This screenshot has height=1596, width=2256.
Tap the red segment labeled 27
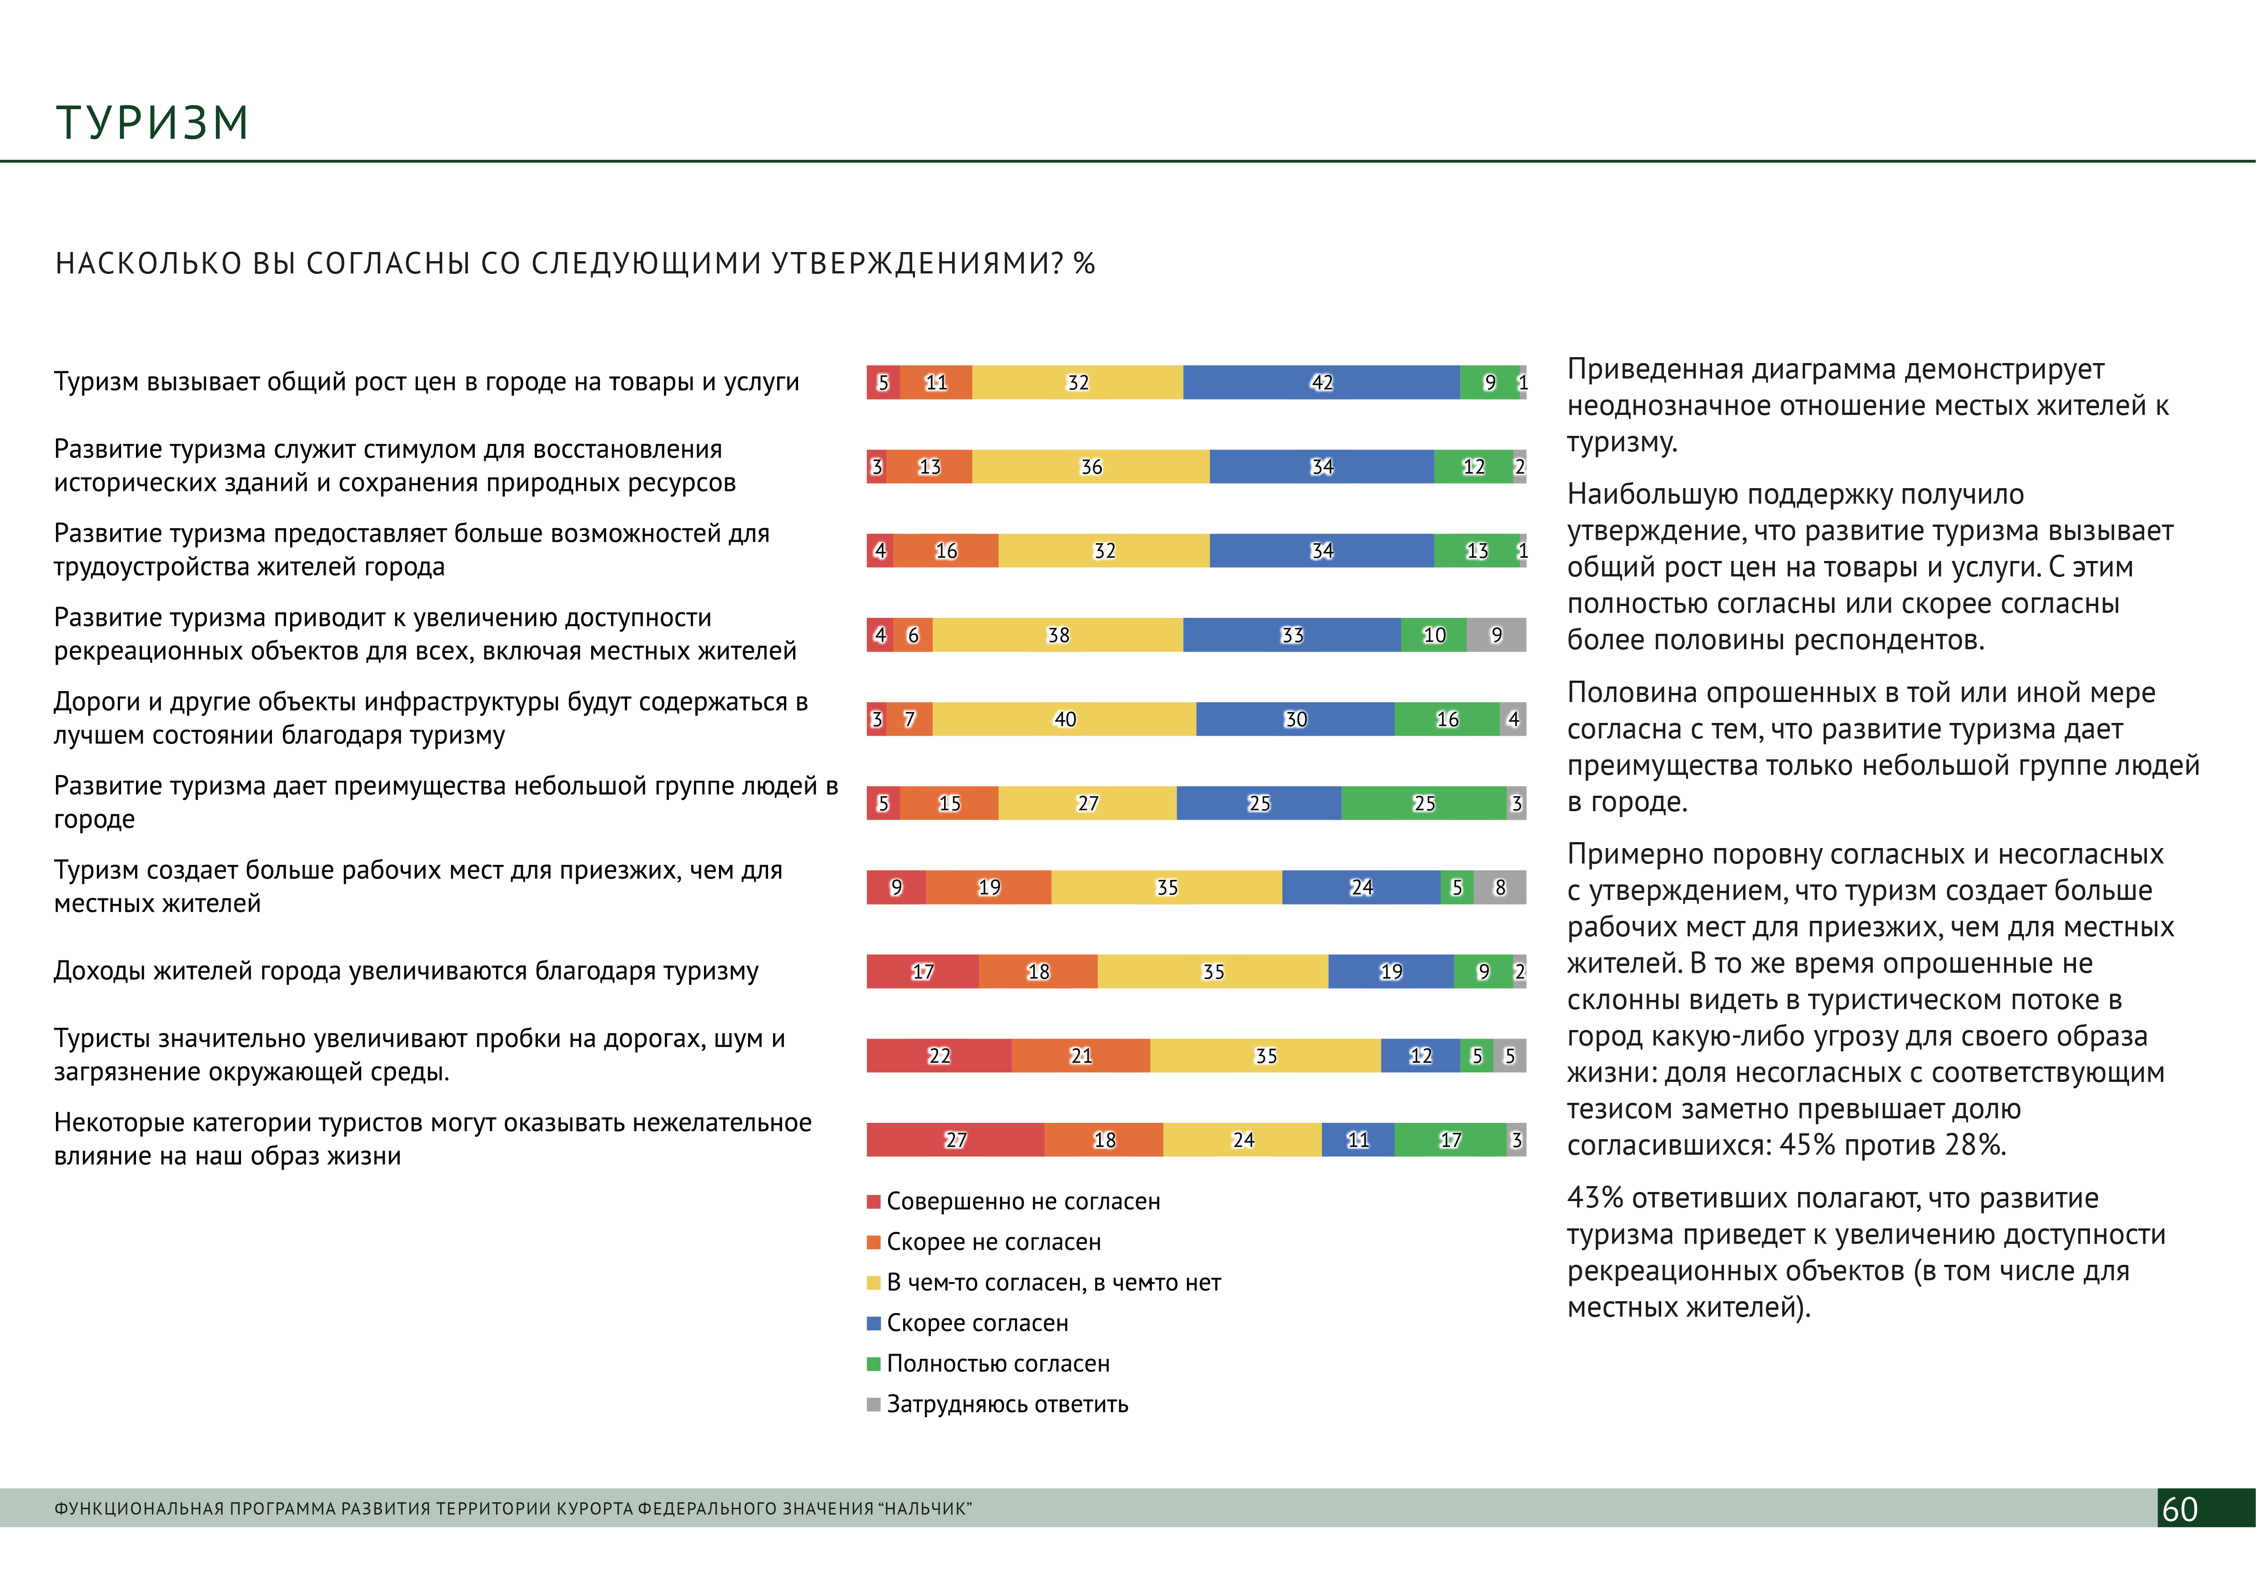click(x=955, y=1140)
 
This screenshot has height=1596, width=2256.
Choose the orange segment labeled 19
click(x=989, y=888)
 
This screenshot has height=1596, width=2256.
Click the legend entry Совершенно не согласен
click(x=1022, y=1202)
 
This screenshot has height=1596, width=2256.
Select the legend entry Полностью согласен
click(x=997, y=1364)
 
